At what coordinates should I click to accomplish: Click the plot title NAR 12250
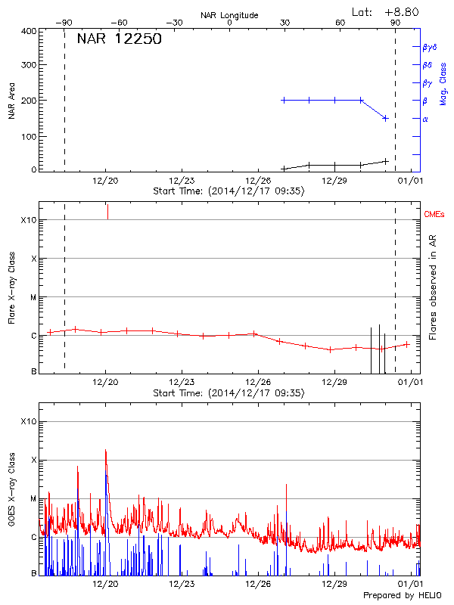(119, 40)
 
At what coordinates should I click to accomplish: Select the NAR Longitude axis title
(229, 15)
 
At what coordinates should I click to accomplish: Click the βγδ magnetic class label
(430, 47)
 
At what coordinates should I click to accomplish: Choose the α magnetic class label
(425, 119)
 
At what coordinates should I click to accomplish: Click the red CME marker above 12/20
(107, 211)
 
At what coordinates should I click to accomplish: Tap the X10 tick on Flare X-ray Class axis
(29, 220)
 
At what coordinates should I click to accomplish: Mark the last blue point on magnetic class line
(386, 118)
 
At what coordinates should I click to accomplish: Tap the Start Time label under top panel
(229, 191)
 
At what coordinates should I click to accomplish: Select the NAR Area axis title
(11, 101)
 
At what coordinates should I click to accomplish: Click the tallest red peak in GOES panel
(106, 450)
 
